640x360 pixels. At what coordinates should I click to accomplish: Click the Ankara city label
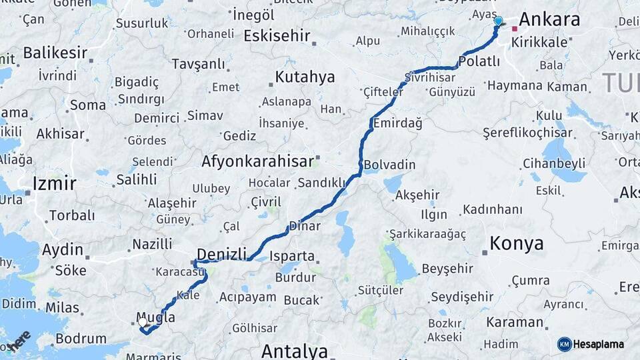549,19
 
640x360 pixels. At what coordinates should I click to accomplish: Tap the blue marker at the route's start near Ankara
498,21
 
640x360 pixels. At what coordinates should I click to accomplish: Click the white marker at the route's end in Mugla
142,323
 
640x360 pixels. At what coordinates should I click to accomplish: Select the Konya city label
517,244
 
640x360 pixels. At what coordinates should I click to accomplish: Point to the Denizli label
223,253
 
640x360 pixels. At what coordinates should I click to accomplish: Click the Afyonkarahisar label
257,161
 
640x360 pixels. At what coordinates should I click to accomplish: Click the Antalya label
294,351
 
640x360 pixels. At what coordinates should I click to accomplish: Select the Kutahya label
305,77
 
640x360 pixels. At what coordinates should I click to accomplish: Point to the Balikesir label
56,52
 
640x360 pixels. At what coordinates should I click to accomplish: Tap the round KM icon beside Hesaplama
564,344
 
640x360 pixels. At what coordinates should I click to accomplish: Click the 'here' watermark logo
21,341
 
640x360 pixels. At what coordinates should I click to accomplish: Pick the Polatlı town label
479,62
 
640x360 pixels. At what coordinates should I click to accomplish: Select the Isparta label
292,255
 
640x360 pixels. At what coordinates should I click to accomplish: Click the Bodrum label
81,339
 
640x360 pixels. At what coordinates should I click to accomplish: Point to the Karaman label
514,322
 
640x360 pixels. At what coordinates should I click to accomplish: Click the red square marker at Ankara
514,29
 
